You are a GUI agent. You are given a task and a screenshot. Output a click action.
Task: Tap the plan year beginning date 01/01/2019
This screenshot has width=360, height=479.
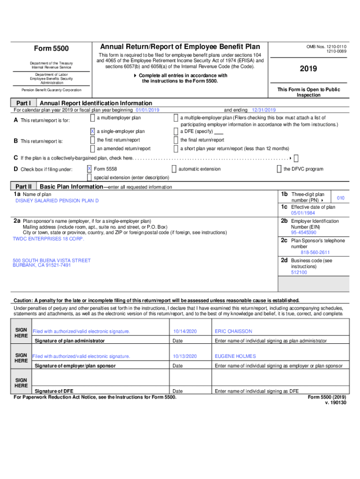147,110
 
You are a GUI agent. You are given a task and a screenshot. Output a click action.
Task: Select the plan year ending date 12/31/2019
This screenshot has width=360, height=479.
264,110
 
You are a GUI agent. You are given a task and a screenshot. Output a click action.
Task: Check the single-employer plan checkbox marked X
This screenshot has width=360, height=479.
92,131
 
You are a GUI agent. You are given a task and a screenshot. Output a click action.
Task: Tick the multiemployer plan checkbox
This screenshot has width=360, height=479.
92,118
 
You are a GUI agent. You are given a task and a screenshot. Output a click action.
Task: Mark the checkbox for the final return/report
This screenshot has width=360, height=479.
176,140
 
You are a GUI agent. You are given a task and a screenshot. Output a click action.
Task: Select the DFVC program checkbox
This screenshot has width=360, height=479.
279,169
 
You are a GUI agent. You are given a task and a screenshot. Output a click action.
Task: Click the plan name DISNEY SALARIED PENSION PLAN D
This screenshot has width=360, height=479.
57,201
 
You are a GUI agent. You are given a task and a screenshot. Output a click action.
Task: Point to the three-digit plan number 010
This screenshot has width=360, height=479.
341,198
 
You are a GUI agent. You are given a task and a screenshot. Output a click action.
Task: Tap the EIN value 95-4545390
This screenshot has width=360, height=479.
303,232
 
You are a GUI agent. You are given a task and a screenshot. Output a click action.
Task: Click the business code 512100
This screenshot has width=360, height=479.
299,272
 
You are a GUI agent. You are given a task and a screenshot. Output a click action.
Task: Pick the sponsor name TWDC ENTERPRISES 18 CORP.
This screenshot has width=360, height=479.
48,239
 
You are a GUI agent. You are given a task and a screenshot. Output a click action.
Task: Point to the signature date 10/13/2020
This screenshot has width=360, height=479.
185,356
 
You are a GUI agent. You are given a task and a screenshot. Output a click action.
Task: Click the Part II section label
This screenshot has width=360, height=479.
23,187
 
